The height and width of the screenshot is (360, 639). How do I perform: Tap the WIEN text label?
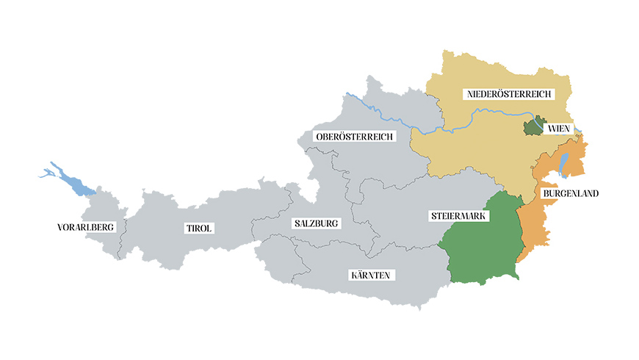(x=559, y=129)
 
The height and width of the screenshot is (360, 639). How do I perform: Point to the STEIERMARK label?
(x=455, y=217)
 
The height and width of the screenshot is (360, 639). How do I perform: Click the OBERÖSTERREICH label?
(x=354, y=137)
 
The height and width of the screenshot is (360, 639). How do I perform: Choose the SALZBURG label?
(x=317, y=223)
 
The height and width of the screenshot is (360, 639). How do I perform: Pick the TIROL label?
(x=198, y=228)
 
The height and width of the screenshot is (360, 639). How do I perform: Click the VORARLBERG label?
(x=86, y=227)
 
